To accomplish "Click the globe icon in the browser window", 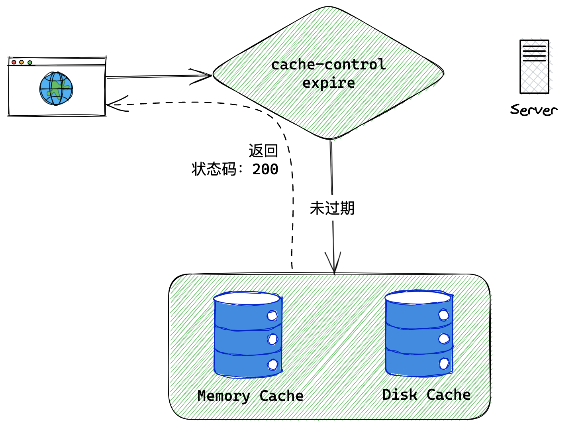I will [x=56, y=89].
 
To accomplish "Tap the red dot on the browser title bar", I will [x=14, y=62].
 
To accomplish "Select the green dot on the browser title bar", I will [x=30, y=63].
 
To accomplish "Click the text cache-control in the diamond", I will [x=328, y=65].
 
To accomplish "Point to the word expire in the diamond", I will [x=328, y=83].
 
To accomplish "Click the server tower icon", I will [x=534, y=67].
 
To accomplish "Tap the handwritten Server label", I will [x=533, y=110].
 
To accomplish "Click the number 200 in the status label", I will [x=265, y=169].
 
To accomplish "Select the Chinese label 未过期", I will [x=332, y=208].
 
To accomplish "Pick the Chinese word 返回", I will [x=263, y=151].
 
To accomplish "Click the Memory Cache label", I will [x=250, y=396].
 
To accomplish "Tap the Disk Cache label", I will [x=426, y=394].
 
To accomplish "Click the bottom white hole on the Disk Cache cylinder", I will [x=444, y=363].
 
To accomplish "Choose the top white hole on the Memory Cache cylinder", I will [x=272, y=316].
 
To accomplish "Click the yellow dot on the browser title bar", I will [x=22, y=62].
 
